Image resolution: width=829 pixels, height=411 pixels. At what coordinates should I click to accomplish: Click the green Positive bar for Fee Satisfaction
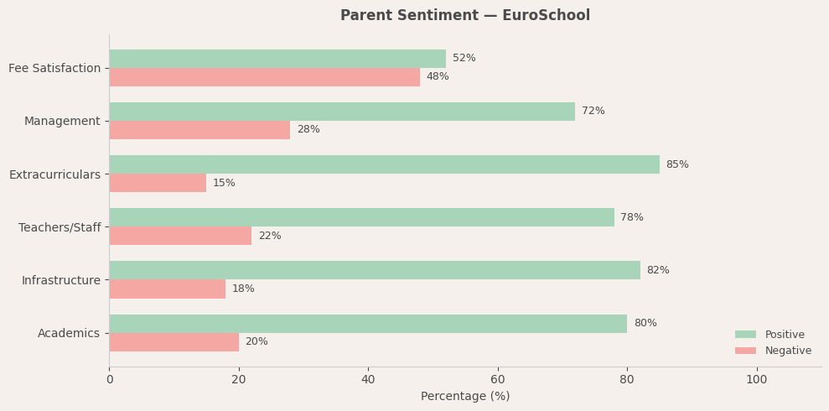pos(277,59)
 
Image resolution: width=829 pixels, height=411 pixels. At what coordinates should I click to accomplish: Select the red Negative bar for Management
pos(199,130)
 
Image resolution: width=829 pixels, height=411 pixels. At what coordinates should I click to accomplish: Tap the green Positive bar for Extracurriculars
pos(384,164)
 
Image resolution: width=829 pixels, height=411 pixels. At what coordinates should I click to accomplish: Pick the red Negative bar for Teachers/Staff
pos(180,236)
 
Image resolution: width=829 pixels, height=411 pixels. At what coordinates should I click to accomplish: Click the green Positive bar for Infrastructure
pos(375,270)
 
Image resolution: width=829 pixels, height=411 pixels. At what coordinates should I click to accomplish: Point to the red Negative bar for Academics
pos(174,342)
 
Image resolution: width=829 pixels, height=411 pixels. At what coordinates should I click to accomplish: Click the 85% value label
pos(677,164)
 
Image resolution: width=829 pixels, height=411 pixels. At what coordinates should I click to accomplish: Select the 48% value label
pos(438,77)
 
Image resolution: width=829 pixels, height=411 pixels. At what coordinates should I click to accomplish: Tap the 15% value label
pos(224,183)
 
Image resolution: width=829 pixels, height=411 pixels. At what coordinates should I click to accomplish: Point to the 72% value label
pos(593,112)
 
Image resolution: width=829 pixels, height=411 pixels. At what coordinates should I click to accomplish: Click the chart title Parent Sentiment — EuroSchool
pos(464,16)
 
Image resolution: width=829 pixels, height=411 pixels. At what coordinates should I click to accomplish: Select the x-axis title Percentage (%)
pos(464,396)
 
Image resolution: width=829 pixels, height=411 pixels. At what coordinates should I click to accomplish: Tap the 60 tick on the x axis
pos(498,380)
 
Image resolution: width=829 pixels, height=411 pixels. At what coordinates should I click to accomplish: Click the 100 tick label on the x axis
pos(756,380)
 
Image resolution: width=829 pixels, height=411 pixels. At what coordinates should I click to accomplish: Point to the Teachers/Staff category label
pos(60,227)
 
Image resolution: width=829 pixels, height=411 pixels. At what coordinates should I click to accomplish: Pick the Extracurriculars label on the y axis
pos(54,174)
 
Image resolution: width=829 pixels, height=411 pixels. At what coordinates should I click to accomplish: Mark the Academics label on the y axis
pos(69,333)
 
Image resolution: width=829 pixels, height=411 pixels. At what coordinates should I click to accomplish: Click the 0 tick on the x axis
pos(109,380)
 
